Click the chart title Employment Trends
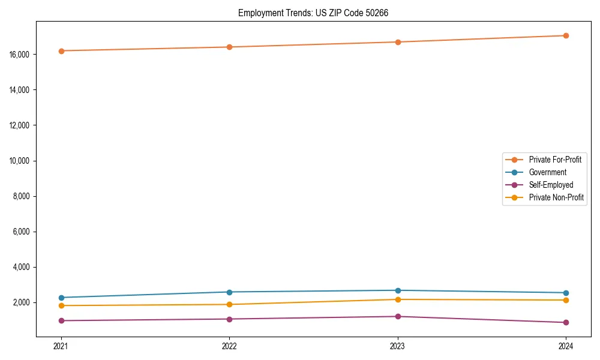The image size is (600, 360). coord(313,13)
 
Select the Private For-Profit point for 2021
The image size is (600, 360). coord(61,51)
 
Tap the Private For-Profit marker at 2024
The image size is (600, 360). coord(566,35)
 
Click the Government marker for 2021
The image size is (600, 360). coord(61,298)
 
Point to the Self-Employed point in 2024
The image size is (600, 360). coord(566,323)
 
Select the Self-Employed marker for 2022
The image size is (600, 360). coord(229,319)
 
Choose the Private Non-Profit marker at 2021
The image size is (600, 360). coord(61,306)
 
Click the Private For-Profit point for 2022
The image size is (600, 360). coord(229,47)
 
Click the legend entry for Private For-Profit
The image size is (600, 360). coord(555,160)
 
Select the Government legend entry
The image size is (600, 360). coord(547,172)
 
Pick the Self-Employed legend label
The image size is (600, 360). coord(551,185)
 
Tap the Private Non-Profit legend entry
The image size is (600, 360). coord(556,197)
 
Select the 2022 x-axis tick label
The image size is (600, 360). coord(229,346)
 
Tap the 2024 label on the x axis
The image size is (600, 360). coord(566,346)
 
